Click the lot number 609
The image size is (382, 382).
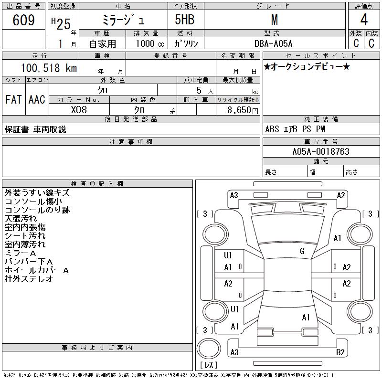[x=23, y=20]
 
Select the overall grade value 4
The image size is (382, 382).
[x=364, y=20]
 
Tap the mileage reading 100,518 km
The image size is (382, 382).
[x=49, y=68]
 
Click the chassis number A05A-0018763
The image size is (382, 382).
[x=321, y=151]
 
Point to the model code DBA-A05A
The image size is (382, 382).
[x=273, y=43]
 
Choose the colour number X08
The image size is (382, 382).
[x=79, y=110]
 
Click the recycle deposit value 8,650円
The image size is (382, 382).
[x=243, y=110]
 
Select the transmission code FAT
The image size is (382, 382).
[x=14, y=99]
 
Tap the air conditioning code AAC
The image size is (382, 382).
[x=37, y=99]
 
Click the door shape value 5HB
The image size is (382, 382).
[x=185, y=20]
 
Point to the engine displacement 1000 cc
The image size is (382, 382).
[x=150, y=43]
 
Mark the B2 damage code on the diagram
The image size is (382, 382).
[x=340, y=352]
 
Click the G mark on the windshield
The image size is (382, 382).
[x=302, y=251]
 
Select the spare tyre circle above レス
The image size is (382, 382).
[x=209, y=349]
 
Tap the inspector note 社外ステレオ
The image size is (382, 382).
[x=29, y=279]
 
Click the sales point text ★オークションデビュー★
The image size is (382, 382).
[x=307, y=66]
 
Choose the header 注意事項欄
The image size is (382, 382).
[x=131, y=141]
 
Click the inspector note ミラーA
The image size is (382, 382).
[x=21, y=253]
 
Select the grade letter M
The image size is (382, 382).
[x=275, y=20]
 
